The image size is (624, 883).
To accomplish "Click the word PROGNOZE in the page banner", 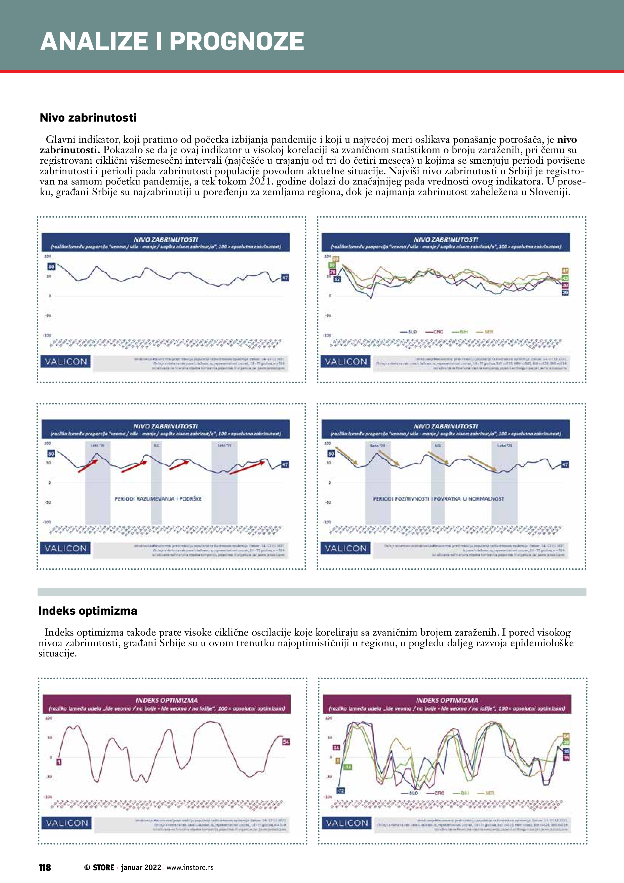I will pyautogui.click(x=237, y=42).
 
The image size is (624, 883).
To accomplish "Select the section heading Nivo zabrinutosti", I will pyautogui.click(x=88, y=118).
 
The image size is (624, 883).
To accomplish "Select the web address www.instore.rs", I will pyautogui.click(x=190, y=867).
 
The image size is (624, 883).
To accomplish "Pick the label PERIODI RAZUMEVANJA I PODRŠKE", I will pyautogui.click(x=158, y=499).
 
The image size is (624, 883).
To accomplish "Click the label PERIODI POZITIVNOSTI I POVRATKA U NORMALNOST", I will pyautogui.click(x=438, y=499).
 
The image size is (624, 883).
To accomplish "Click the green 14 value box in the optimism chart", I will pyautogui.click(x=347, y=767).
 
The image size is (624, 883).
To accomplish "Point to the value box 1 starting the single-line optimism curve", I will pyautogui.click(x=59, y=761).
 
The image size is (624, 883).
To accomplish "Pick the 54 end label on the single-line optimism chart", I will pyautogui.click(x=286, y=742).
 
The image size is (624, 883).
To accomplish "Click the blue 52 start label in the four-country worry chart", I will pyautogui.click(x=337, y=279).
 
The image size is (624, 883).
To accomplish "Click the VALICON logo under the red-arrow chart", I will pyautogui.click(x=66, y=548).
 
